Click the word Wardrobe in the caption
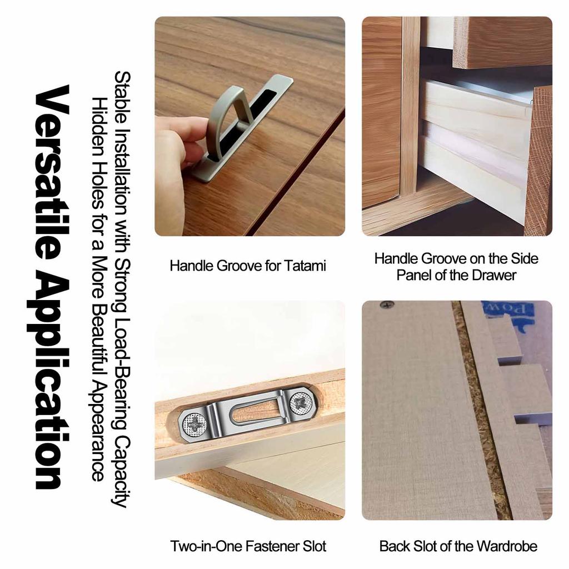point(507,546)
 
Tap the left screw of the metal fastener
point(192,424)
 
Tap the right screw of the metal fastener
point(301,403)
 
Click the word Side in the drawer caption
point(525,259)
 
